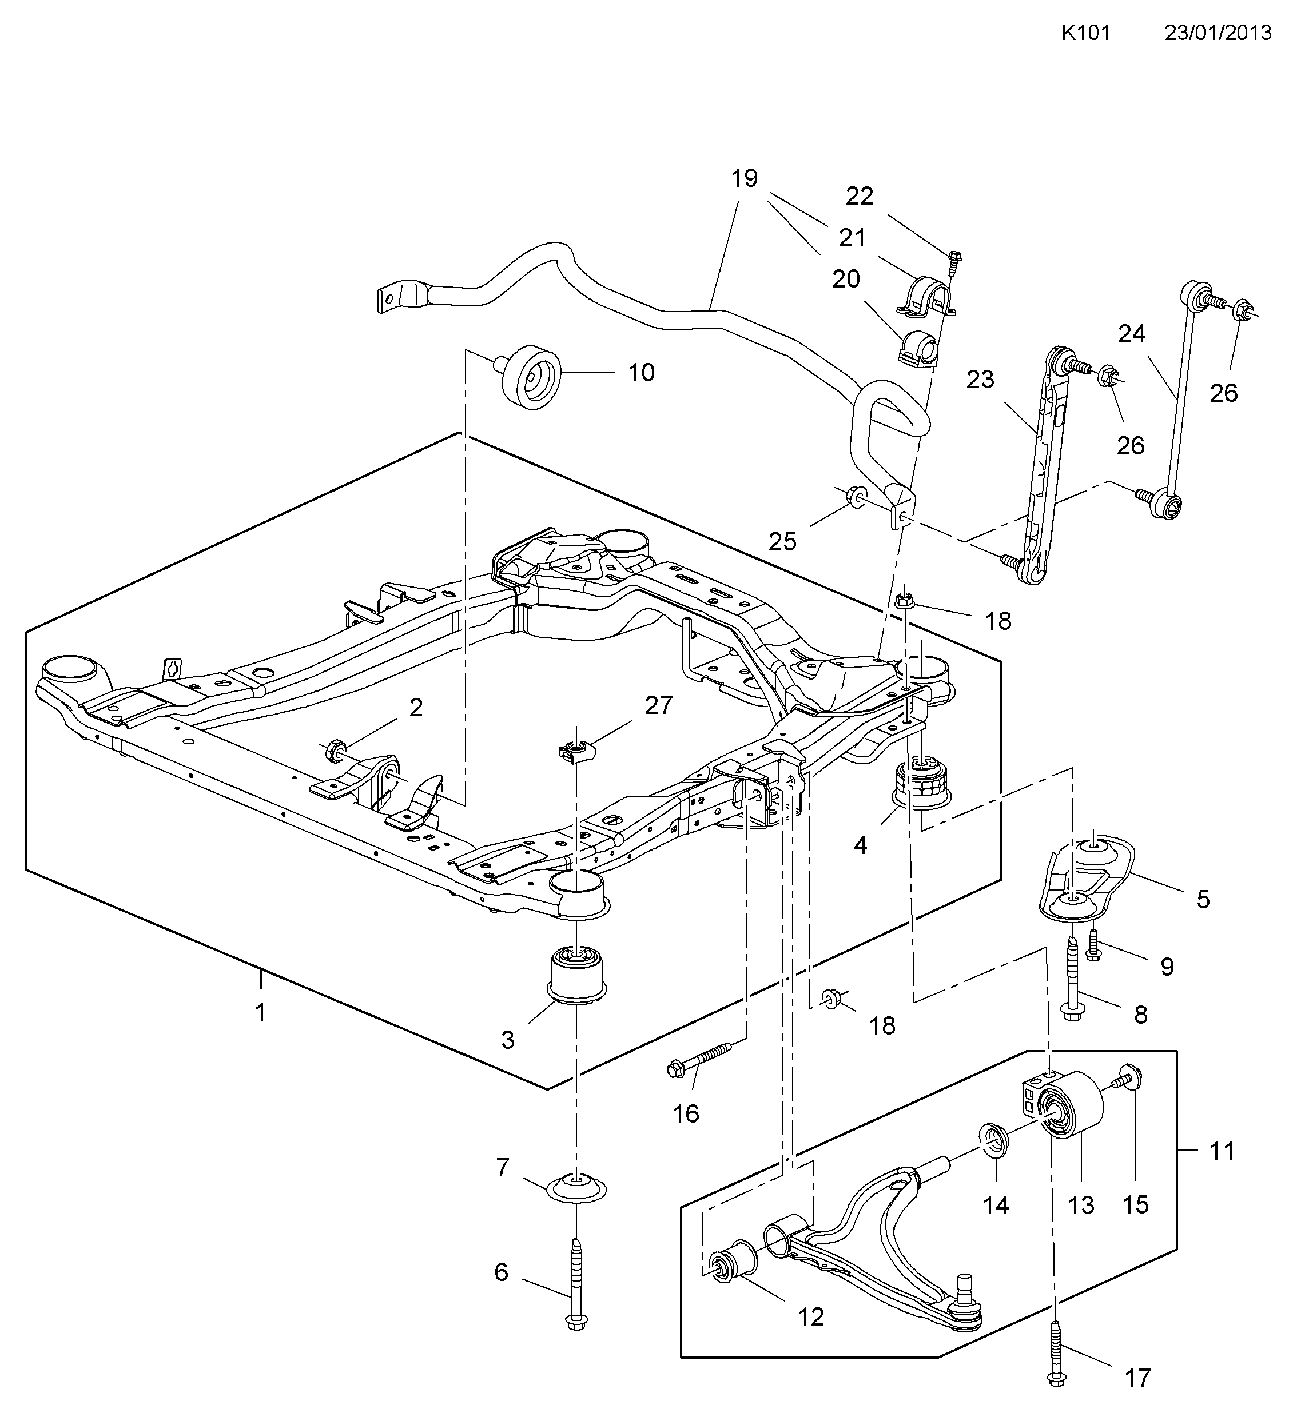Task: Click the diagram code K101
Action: [x=1085, y=33]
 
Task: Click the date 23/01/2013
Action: [x=1218, y=33]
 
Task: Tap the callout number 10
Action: [x=640, y=373]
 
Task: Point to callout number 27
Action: [x=658, y=705]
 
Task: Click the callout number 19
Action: [x=744, y=179]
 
